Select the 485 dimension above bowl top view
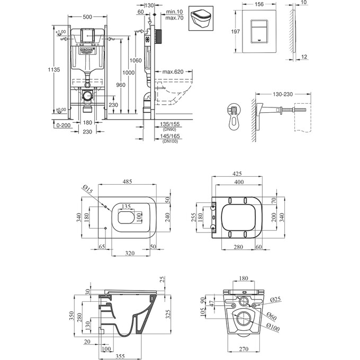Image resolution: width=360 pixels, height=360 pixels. coord(128,182)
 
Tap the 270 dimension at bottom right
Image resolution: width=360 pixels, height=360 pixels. coord(244,349)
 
